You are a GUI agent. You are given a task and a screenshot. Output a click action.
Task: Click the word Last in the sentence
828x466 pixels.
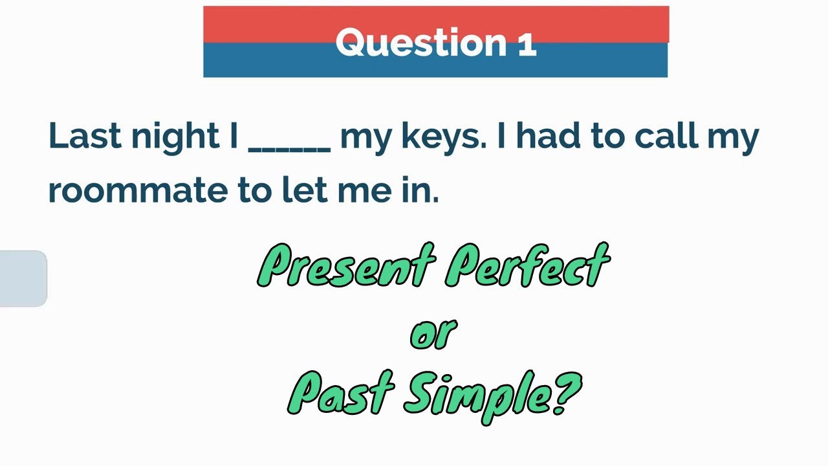[x=84, y=136]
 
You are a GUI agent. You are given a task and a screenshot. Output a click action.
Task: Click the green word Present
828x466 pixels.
[x=346, y=266]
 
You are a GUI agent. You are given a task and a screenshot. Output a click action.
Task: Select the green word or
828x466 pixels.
[x=433, y=334]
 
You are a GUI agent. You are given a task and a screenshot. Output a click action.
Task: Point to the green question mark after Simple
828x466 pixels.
[x=569, y=392]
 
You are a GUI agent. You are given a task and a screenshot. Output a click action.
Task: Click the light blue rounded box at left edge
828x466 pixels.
[x=23, y=278]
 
